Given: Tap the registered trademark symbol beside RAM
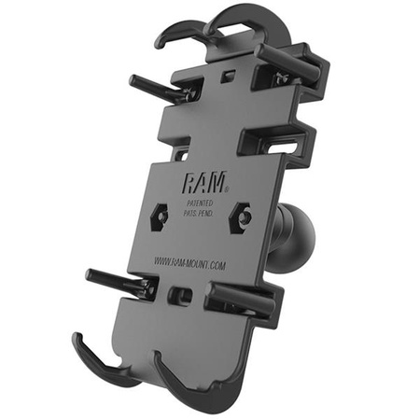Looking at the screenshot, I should (221, 173).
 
